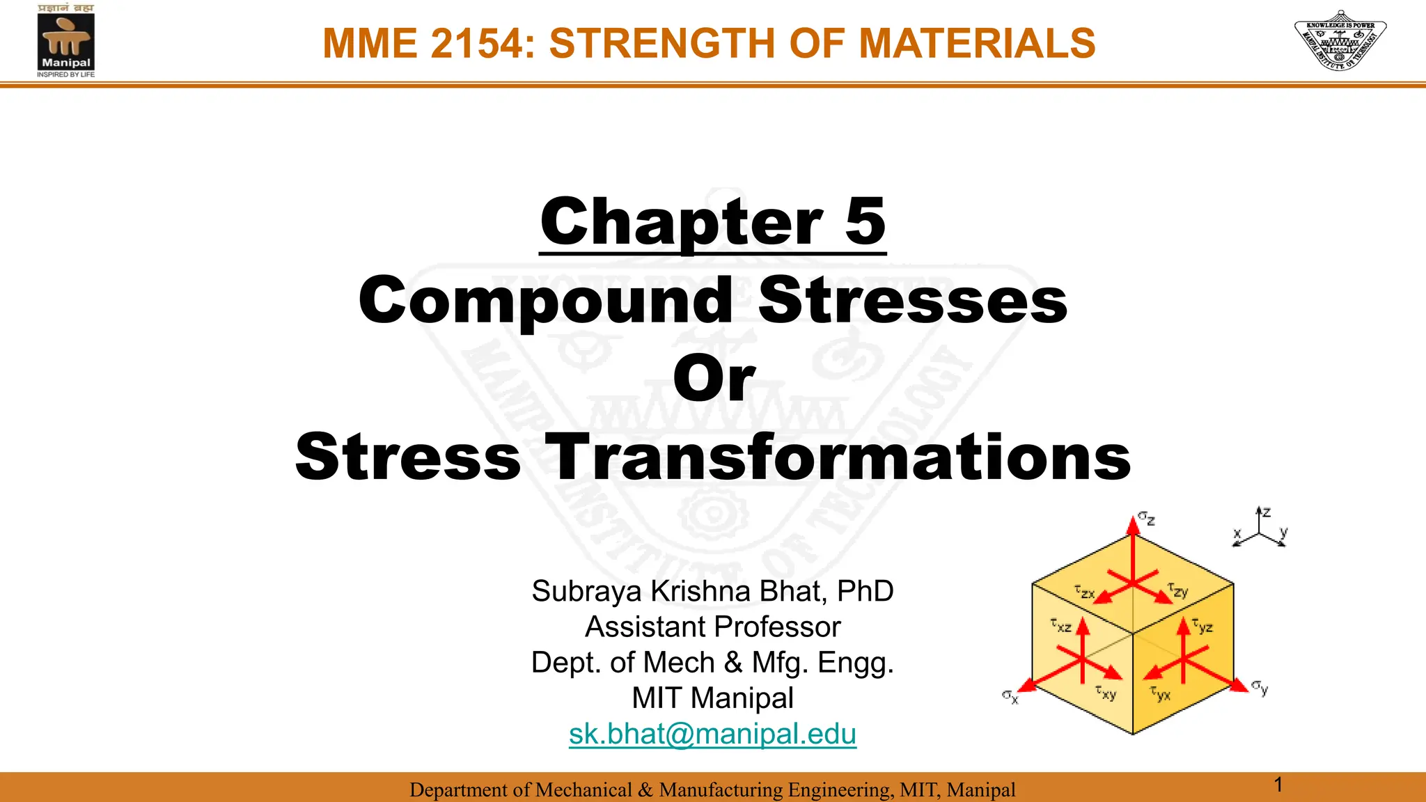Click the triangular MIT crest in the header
1340,40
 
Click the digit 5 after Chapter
865,221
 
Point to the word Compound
546,301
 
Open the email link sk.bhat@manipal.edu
712,734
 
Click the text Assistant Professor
712,627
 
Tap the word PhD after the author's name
865,591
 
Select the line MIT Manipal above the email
712,698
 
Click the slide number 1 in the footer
1278,785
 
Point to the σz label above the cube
1147,519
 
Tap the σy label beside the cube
1260,687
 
